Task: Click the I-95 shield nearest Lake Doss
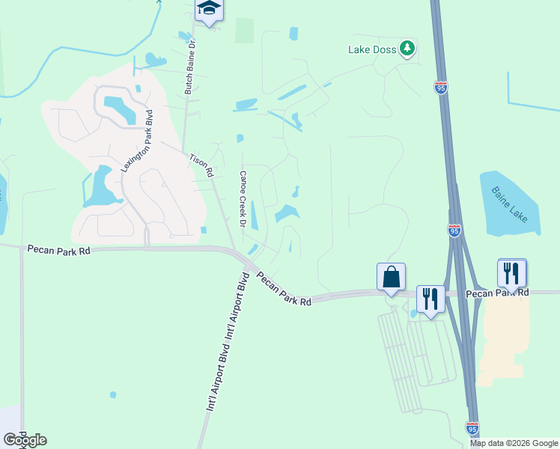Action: [441, 88]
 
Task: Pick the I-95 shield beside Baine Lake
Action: [454, 230]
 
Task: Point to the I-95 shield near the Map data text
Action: [472, 428]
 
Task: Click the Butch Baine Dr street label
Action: [190, 68]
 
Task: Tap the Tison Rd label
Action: [201, 165]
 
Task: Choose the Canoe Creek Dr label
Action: [243, 198]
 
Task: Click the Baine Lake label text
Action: [510, 204]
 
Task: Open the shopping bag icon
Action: [392, 278]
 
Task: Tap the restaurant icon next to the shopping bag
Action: [430, 299]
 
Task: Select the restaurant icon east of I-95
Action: [512, 273]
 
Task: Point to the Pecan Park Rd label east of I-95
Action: [497, 292]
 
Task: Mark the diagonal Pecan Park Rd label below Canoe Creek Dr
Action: [283, 289]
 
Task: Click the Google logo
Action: [24, 440]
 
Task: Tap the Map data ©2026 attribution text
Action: [513, 443]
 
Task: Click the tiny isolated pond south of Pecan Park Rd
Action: [113, 394]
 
